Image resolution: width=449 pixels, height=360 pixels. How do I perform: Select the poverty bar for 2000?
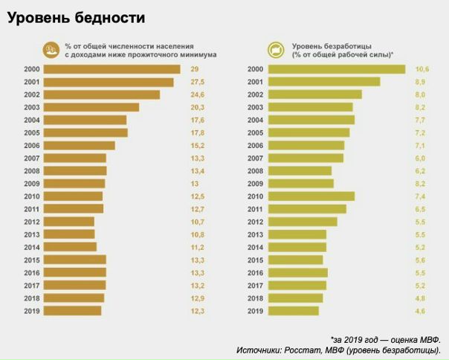[x=112, y=69]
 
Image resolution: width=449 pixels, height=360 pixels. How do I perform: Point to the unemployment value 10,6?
[x=422, y=69]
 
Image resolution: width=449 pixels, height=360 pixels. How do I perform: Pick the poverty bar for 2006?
[x=80, y=146]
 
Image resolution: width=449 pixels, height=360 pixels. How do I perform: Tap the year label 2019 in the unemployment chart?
[x=255, y=311]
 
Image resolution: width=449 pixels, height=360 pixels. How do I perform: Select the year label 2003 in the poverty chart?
[x=31, y=107]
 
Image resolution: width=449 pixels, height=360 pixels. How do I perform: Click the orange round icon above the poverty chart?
[x=52, y=50]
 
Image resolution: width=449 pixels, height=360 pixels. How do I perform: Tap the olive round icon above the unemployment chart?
[x=275, y=50]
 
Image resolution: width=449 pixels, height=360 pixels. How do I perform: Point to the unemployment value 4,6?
[x=420, y=311]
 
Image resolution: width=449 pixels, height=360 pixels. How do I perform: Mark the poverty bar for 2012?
[x=69, y=222]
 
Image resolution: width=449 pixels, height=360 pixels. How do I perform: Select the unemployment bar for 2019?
[x=294, y=311]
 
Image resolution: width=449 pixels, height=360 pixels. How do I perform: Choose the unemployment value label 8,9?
[x=420, y=82]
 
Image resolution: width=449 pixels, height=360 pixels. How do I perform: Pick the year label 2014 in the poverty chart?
[x=31, y=247]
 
